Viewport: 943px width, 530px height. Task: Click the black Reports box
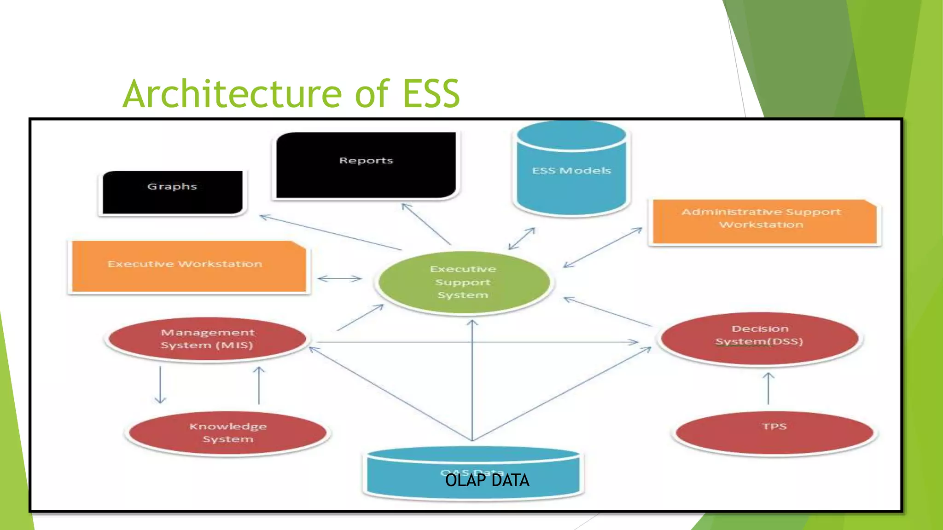[366, 166]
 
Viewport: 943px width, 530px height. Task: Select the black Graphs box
[173, 192]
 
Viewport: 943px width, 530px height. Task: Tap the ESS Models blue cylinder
[571, 175]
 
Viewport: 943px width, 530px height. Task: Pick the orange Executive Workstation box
[189, 266]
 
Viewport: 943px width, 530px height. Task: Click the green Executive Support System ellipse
[464, 282]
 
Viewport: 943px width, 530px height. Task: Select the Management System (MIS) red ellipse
[207, 340]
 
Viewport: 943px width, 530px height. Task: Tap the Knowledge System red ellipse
[228, 432]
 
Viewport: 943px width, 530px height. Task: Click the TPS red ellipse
[774, 432]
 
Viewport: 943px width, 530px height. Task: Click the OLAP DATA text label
[487, 480]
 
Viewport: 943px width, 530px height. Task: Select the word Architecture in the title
[232, 94]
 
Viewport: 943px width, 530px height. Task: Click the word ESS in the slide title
[431, 94]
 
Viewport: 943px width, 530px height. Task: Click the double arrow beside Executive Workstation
[340, 278]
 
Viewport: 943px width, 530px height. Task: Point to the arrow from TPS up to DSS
[768, 389]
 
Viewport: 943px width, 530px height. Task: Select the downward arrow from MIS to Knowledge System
[160, 385]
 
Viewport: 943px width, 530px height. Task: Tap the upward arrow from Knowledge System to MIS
[259, 386]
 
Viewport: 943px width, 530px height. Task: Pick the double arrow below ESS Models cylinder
[522, 238]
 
